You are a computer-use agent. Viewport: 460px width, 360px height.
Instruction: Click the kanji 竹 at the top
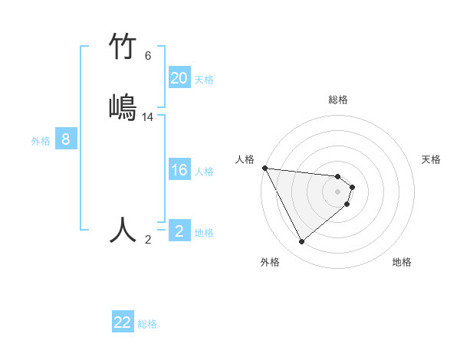coord(123,47)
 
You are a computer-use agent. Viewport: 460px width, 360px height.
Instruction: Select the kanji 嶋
coord(123,106)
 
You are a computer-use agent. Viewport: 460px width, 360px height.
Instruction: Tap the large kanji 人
coord(123,229)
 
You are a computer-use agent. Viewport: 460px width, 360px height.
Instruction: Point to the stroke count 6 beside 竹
coord(148,56)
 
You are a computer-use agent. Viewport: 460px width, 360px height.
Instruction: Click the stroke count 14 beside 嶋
coord(148,117)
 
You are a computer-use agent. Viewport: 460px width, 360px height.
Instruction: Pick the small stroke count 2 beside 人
coord(148,240)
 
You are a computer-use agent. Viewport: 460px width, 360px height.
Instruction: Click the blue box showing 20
coord(179,78)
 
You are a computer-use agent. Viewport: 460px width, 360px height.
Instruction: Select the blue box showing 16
coord(179,170)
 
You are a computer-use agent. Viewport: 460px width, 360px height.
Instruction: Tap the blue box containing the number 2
coord(179,231)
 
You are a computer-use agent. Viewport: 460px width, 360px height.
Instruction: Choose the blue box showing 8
coord(66,139)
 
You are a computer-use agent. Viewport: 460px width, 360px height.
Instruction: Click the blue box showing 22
coord(123,322)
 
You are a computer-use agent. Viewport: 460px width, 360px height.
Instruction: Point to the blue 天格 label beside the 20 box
coord(204,79)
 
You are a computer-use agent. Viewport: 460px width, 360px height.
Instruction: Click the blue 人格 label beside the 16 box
coord(204,171)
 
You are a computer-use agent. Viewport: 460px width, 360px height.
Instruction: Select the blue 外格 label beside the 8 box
coord(41,140)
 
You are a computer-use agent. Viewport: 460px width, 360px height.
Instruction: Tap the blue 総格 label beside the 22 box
coord(147,323)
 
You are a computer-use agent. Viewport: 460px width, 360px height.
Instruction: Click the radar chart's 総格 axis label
coord(338,100)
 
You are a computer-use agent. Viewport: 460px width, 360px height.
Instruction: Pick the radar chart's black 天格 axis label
coord(432,159)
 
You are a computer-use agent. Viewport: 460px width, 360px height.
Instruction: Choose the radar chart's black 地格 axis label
coord(402,262)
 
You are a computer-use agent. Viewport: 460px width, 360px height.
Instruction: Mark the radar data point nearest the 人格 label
coord(264,168)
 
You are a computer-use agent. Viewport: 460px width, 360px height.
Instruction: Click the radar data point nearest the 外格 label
coord(301,242)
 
